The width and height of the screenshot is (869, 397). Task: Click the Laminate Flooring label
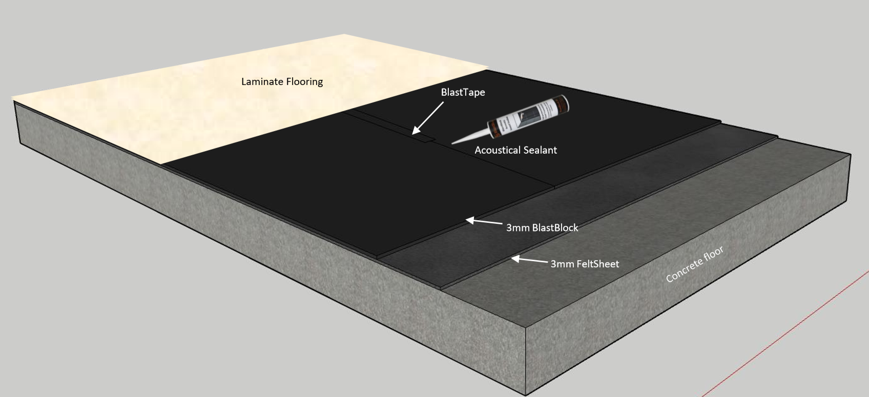pos(282,81)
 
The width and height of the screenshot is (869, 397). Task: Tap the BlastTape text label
pos(463,93)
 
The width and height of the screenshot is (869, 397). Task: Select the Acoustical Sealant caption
pos(515,150)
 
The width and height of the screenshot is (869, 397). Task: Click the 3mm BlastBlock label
pos(542,228)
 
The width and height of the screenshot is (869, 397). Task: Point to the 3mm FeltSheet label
pos(585,264)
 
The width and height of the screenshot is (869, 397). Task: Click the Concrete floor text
pos(694,264)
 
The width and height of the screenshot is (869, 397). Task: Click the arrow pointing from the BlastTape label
pos(428,118)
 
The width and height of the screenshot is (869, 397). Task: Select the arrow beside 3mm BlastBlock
pos(484,222)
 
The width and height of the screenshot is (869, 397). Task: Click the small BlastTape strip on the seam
pos(423,137)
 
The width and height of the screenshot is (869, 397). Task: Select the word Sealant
pos(540,150)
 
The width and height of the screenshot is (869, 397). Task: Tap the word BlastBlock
pos(555,228)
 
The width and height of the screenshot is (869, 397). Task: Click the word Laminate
pos(260,81)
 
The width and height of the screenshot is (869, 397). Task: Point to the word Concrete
pos(683,271)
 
